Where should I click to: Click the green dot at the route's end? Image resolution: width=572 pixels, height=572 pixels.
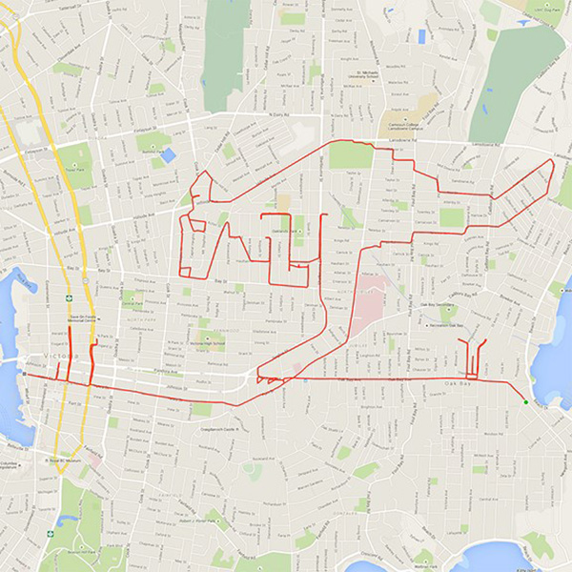(524, 402)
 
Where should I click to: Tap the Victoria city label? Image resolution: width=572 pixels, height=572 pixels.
(59, 357)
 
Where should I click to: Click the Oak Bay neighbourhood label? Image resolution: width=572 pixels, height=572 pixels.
(460, 383)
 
